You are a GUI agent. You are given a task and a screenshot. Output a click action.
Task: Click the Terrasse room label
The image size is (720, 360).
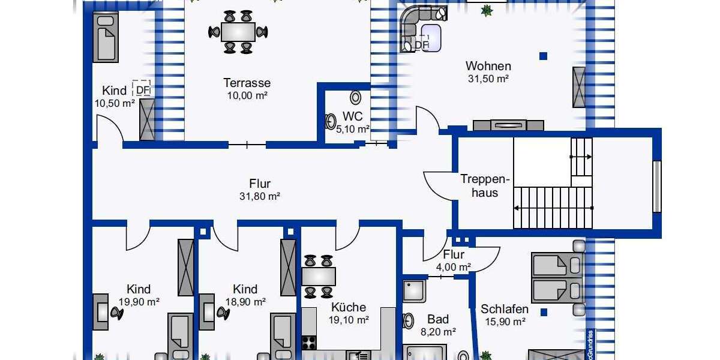click(247, 83)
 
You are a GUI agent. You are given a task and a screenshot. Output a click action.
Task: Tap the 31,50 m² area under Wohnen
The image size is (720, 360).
click(488, 79)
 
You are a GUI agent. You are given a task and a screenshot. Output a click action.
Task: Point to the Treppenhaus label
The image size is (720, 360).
click(485, 185)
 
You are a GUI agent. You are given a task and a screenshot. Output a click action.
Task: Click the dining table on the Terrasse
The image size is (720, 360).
click(238, 31)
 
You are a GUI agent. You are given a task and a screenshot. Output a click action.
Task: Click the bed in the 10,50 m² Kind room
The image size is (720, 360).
click(106, 38)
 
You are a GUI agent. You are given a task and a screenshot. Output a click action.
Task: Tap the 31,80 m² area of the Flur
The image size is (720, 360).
click(260, 196)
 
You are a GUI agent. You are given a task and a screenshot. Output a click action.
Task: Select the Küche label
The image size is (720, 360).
click(349, 307)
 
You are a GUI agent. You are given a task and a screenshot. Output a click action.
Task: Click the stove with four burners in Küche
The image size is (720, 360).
click(309, 343)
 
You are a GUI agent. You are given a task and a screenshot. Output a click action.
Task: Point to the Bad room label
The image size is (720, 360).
click(438, 319)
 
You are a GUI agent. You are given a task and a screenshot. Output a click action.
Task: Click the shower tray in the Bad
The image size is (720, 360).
click(414, 291)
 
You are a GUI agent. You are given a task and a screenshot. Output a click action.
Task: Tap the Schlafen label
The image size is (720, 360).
click(505, 310)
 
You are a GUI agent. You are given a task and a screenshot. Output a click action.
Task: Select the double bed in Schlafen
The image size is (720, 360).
click(557, 277)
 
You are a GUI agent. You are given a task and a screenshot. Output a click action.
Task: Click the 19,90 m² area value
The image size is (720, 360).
click(139, 302)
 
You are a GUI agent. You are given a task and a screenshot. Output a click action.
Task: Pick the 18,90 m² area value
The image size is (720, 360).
click(245, 302)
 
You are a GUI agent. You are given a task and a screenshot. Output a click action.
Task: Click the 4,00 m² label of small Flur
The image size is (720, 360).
click(454, 267)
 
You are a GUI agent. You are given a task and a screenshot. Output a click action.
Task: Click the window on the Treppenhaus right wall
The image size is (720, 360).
click(656, 186)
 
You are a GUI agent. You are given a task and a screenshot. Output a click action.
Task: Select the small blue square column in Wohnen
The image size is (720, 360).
click(543, 56)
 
